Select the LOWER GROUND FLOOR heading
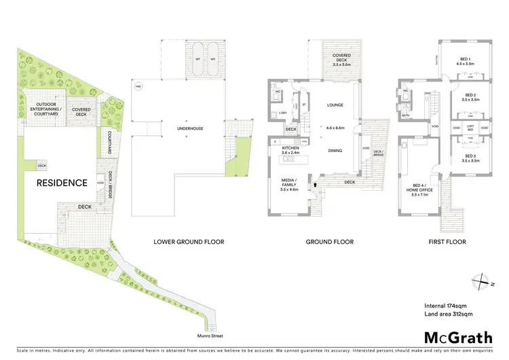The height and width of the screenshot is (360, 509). pyautogui.click(x=189, y=242)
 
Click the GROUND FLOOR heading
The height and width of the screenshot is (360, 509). pyautogui.click(x=328, y=242)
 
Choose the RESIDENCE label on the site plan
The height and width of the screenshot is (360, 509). pyautogui.click(x=62, y=183)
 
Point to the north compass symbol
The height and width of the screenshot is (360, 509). pyautogui.click(x=483, y=281)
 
